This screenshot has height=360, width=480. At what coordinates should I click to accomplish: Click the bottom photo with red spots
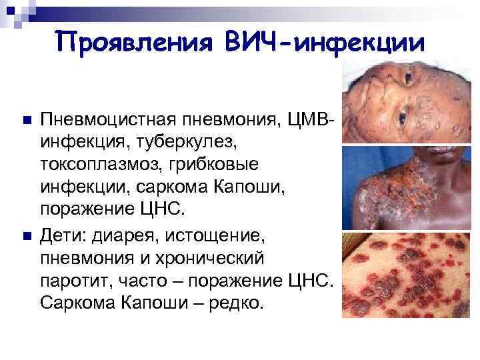(411, 274)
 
